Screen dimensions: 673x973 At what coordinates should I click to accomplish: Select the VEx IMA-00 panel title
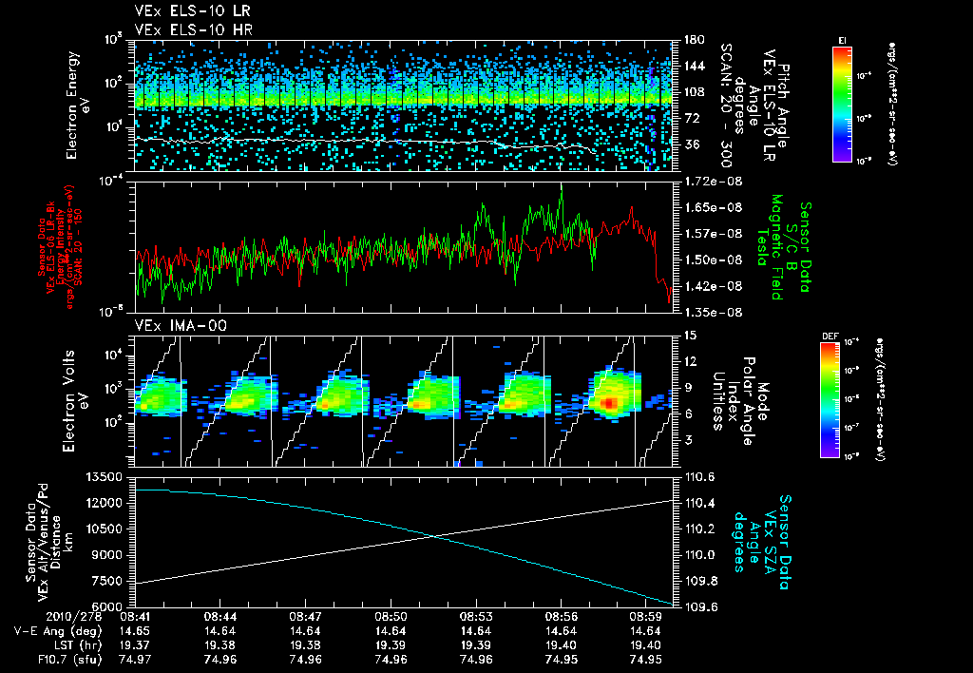pyautogui.click(x=173, y=326)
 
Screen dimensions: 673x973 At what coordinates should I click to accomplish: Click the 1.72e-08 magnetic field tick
pyautogui.click(x=713, y=181)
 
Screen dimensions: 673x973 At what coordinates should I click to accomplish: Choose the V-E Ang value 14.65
pyautogui.click(x=134, y=629)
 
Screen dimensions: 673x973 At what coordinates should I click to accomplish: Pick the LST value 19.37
pyautogui.click(x=134, y=644)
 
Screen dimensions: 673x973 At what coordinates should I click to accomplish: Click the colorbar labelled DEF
pyautogui.click(x=834, y=398)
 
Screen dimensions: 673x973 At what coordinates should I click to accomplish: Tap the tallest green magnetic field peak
pyautogui.click(x=561, y=192)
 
